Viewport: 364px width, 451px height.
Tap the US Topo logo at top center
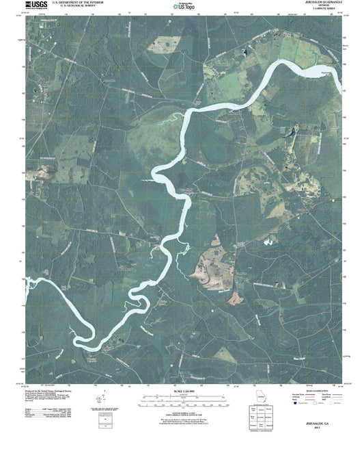pos(182,6)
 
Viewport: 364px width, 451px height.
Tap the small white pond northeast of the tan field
pos(270,242)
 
